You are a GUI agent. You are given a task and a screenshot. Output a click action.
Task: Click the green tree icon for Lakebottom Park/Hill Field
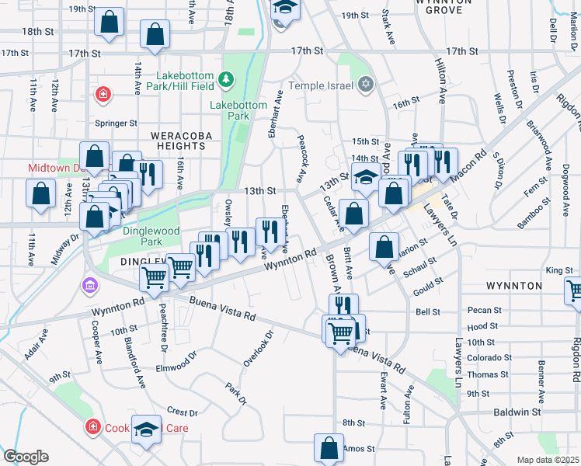click(x=226, y=78)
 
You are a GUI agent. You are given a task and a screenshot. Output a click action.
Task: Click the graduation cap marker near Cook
click(x=146, y=429)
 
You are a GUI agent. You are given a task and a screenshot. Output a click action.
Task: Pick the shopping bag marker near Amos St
click(x=329, y=448)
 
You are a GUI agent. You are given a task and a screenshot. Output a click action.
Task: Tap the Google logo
click(x=25, y=456)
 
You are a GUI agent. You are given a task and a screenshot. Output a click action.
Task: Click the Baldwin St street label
click(x=520, y=412)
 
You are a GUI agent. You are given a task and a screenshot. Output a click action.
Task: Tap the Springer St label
click(x=116, y=123)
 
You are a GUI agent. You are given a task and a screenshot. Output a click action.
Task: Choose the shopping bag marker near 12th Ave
click(x=41, y=193)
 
